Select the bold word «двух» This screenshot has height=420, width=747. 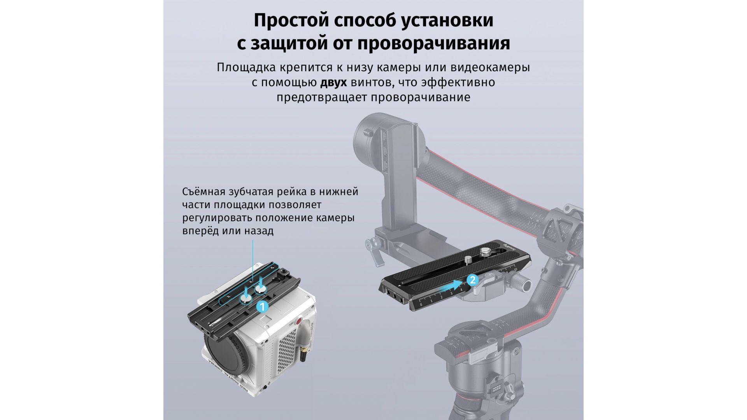[334, 83]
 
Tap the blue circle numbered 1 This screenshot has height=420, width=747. [262, 307]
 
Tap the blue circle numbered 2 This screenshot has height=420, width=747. [472, 280]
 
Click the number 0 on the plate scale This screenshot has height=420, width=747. [421, 305]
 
